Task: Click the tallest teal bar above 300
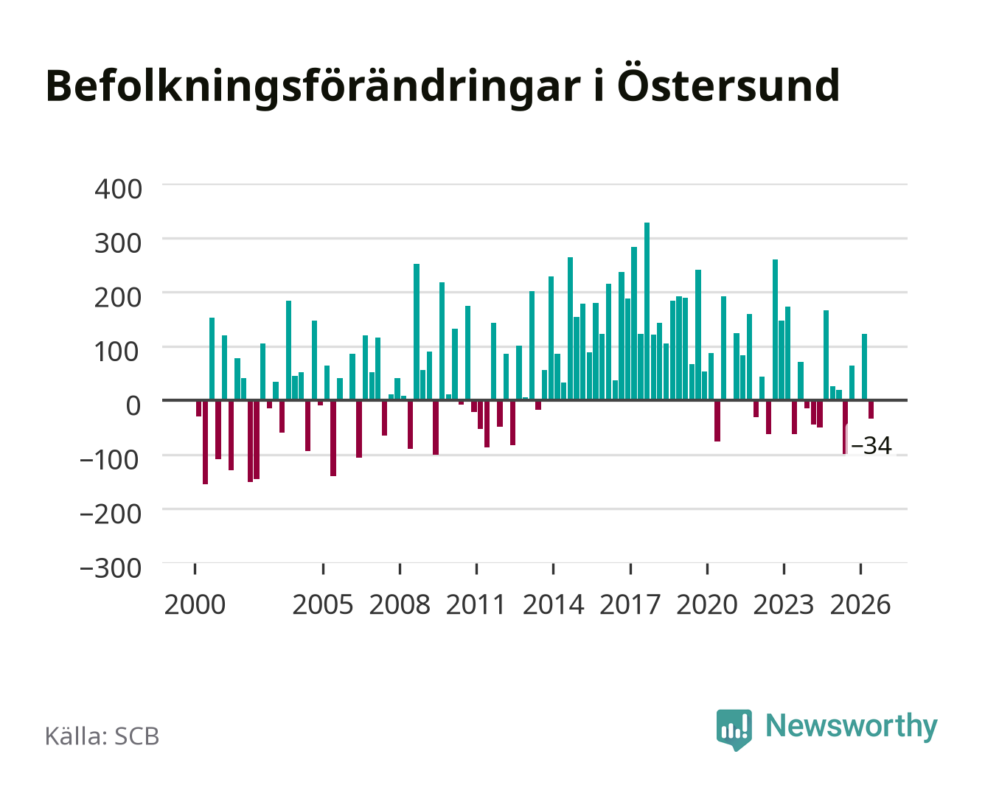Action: tap(647, 311)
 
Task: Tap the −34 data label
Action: tap(871, 446)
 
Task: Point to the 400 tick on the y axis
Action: tap(118, 189)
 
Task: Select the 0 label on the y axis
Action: tap(133, 406)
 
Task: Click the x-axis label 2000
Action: tap(195, 604)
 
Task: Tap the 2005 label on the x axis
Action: tap(323, 604)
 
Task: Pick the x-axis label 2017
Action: tap(630, 604)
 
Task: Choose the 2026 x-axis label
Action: tap(860, 604)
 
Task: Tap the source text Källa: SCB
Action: tap(102, 736)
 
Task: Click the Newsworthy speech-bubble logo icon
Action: tap(734, 730)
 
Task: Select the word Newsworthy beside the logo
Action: tap(852, 727)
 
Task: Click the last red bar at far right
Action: tap(871, 410)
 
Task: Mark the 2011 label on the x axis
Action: tap(476, 604)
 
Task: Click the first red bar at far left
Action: tap(198, 408)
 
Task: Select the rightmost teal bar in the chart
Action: tap(864, 367)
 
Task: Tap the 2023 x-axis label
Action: tap(784, 604)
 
